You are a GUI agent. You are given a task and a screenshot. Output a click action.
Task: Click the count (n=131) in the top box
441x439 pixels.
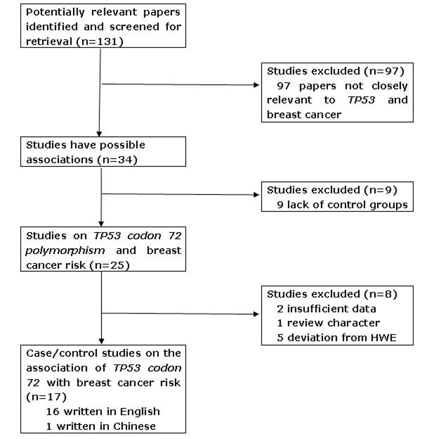pos(100,42)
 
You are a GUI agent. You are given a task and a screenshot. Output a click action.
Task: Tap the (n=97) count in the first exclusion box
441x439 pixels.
pos(384,71)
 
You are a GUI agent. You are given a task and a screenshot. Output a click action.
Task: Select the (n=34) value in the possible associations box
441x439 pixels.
pos(117,160)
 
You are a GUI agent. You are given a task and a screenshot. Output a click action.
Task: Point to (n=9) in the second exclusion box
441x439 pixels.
pos(380,190)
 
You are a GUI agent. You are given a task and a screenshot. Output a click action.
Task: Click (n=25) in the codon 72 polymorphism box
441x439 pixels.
pos(110,265)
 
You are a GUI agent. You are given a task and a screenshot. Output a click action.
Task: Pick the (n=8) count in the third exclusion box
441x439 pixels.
pos(380,294)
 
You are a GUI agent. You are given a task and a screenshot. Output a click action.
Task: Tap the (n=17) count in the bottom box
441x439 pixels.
pos(46,397)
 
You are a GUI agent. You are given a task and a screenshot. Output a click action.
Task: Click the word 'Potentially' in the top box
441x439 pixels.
pos(55,12)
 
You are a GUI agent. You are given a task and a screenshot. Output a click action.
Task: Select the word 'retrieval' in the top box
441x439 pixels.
pos(49,42)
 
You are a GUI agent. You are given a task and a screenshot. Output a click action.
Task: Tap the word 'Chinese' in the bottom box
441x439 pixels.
pos(134,426)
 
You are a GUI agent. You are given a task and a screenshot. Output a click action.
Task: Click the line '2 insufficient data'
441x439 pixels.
pos(326,309)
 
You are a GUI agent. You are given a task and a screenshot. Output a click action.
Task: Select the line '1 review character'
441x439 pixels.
pos(329,323)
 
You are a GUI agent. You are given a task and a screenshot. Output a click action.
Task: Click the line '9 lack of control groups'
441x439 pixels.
pos(342,205)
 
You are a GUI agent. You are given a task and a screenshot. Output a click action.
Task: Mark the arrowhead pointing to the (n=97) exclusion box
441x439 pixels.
pos(256,85)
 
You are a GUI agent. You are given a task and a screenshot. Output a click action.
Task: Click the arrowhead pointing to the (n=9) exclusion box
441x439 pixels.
pos(256,195)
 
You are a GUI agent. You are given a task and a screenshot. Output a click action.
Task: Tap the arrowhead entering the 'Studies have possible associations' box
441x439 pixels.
pos(99,134)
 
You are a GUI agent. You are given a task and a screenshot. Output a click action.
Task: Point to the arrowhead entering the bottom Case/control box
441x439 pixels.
pos(101,341)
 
